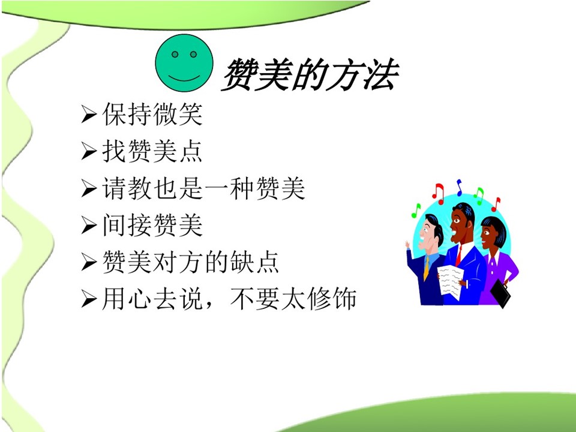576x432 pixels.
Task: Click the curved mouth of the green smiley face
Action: click(x=184, y=79)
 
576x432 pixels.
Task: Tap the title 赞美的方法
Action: click(x=310, y=74)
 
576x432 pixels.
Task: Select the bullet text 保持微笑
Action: click(x=152, y=114)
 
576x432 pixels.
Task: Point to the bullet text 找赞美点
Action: click(x=152, y=151)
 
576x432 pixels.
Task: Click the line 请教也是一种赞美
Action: click(x=204, y=188)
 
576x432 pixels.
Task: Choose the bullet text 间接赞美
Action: click(x=152, y=225)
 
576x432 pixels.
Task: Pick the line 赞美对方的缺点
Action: click(x=191, y=262)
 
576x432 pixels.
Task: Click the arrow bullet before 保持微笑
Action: click(x=89, y=114)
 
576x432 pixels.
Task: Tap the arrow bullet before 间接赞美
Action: click(x=89, y=225)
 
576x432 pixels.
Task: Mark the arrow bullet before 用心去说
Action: click(x=89, y=299)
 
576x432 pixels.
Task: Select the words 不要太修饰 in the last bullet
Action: click(x=293, y=298)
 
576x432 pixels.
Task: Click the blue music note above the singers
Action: click(x=459, y=187)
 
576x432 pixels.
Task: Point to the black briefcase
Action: click(x=500, y=293)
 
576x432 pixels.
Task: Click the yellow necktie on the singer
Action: click(x=426, y=268)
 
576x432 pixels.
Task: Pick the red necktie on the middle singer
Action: click(x=458, y=256)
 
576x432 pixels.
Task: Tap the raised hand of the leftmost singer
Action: click(x=407, y=244)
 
